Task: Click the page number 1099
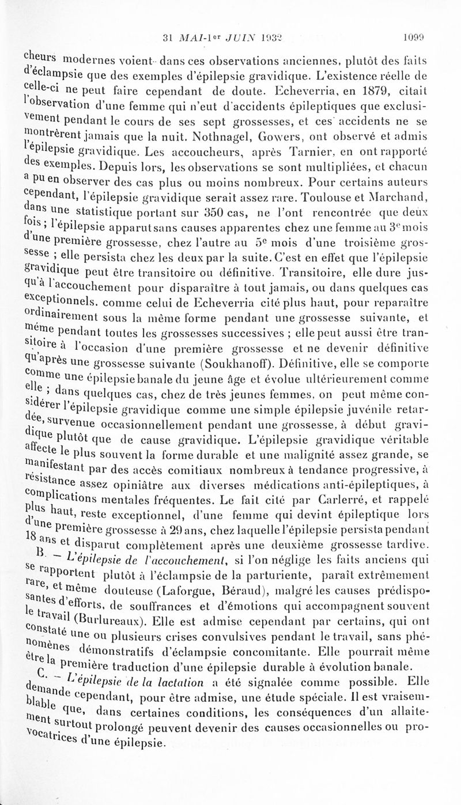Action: click(x=414, y=40)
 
